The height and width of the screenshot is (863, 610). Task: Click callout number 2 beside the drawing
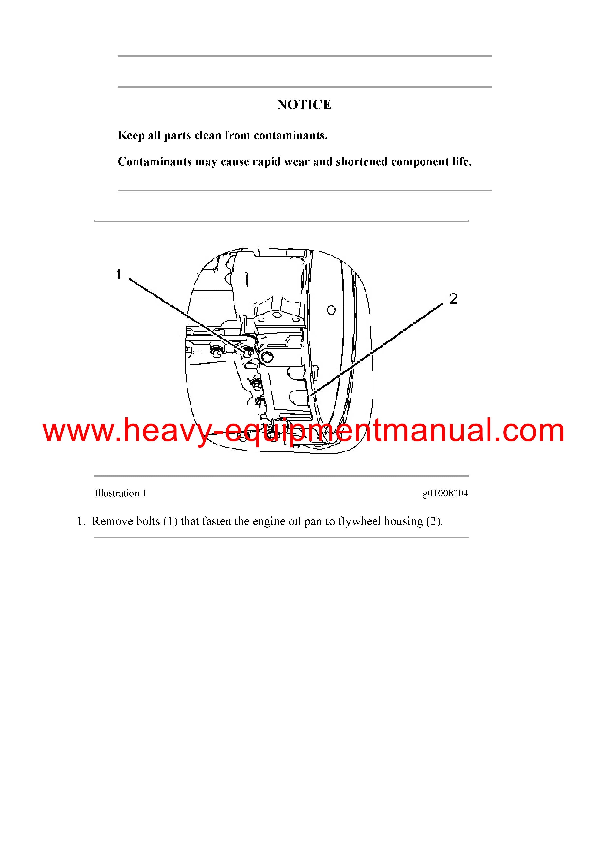453,299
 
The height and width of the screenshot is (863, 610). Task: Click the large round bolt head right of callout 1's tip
267,359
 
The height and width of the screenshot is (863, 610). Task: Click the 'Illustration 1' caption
121,493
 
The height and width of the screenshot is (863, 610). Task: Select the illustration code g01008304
445,493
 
